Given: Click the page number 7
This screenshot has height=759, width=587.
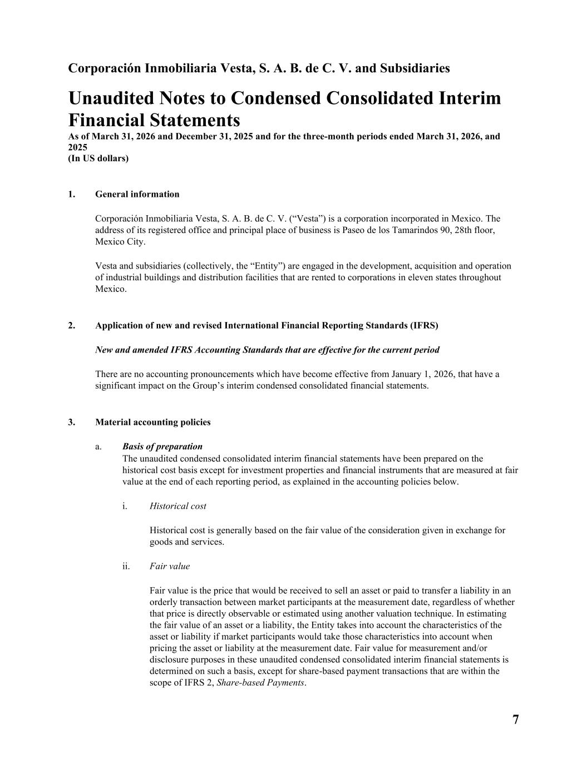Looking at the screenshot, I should pos(515,720).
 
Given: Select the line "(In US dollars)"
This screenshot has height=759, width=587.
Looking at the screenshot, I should pos(98,158).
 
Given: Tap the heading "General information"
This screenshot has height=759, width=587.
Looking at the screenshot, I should pos(137,194).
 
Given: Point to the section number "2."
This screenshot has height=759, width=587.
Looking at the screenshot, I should pos(72,325).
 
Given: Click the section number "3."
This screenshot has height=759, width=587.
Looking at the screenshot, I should pos(72,422).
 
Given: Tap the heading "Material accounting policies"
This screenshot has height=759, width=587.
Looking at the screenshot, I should pos(152,422).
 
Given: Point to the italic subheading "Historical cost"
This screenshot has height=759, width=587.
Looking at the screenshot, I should pos(177,506).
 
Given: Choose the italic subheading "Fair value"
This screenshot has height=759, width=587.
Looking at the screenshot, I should pos(169,566).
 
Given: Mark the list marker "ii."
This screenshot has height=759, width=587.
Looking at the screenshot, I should pos(126,566).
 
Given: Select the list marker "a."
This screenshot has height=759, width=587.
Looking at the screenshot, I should pos(98,447).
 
